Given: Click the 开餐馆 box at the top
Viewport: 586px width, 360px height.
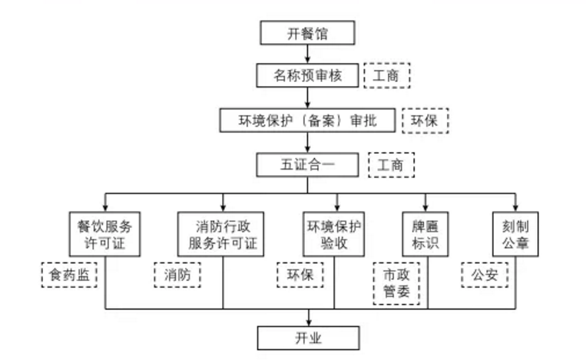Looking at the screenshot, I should pos(307,33).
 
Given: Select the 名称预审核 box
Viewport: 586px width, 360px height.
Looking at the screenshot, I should pos(307,75).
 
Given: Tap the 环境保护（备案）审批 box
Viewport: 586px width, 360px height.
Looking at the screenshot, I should pos(307,121).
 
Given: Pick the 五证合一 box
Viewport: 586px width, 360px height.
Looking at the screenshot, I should pos(307,164).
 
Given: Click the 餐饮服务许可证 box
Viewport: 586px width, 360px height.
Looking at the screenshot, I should pos(105,236).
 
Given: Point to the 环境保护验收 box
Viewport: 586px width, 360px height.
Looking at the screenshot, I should pos(335,236).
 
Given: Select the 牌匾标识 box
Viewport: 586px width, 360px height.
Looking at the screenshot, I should pos(425,236).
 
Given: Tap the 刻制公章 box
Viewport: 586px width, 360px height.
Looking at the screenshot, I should pos(515,236).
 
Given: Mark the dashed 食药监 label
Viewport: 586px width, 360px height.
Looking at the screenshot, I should pos(69,274).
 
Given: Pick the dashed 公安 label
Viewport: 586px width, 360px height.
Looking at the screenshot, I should pos(485,274).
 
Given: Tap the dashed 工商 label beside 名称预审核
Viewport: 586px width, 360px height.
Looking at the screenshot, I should pos(387,75).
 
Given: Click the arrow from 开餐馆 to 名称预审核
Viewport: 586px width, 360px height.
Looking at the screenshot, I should pos(307,54).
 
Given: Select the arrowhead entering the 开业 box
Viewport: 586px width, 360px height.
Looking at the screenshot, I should pos(307,322).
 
